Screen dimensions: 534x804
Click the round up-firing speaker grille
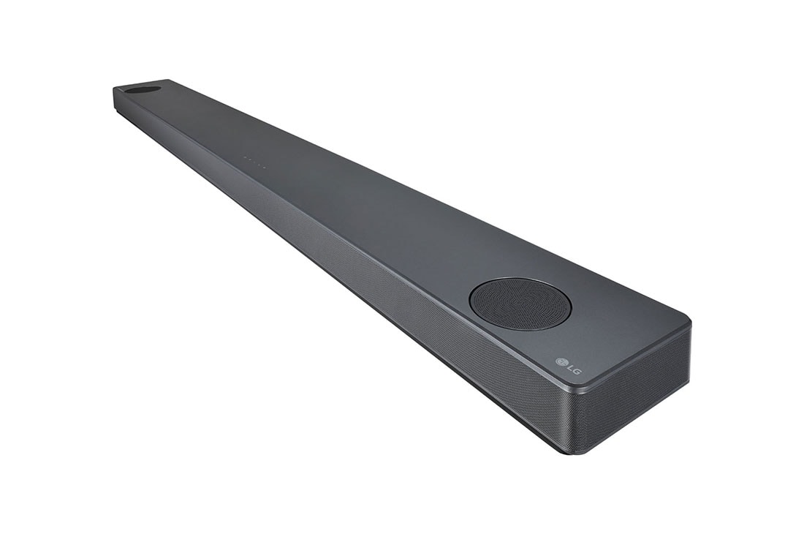[520, 304]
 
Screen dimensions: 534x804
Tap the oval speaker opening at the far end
[143, 89]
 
